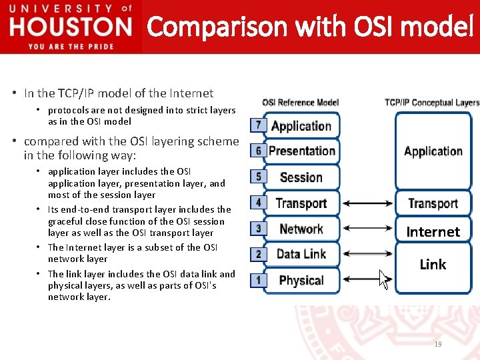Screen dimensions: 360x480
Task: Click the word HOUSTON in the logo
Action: coord(71,27)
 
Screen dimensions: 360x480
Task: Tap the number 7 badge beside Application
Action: coord(259,125)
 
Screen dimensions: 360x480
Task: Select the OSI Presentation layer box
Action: coord(301,151)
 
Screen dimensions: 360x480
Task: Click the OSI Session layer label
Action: coord(301,177)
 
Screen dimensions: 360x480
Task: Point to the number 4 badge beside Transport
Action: coord(259,203)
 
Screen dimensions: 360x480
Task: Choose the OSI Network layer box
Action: coord(301,229)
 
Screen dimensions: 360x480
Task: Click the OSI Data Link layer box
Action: coord(301,254)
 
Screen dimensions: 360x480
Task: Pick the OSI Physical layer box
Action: coord(301,280)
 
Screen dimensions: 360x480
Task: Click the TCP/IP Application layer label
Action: coord(433,151)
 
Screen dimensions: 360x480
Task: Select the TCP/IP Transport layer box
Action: coord(433,203)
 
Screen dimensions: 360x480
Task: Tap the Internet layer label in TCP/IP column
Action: coord(433,232)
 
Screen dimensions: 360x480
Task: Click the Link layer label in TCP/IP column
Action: coord(433,265)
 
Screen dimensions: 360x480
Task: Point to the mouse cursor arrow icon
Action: coord(384,278)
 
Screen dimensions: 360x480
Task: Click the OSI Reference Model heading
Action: coord(300,103)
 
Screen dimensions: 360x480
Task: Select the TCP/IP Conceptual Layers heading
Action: coord(431,103)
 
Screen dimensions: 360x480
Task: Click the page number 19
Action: coord(438,344)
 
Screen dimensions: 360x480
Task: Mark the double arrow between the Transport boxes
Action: coord(369,203)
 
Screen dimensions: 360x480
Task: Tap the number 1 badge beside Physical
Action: coord(259,280)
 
